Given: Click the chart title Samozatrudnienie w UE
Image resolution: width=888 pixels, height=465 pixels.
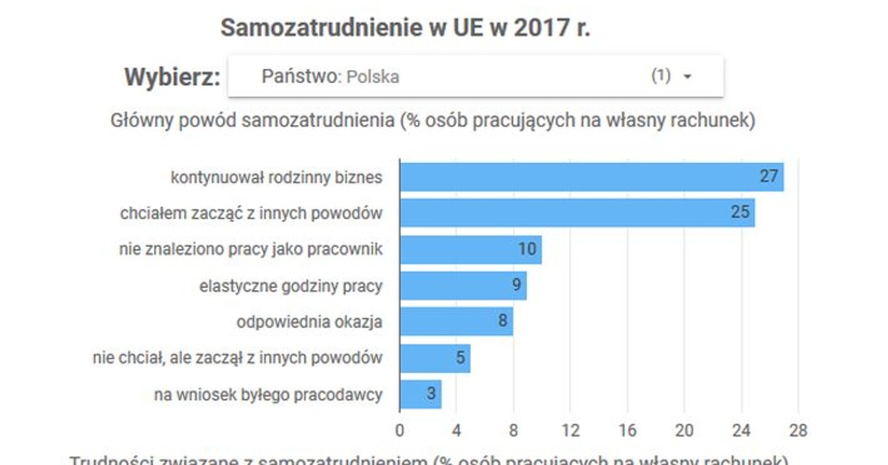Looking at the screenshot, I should tap(406, 27).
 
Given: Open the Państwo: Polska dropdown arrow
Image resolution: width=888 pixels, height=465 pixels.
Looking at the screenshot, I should tap(687, 77).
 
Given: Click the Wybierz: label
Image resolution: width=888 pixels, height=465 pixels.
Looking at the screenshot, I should tap(172, 77).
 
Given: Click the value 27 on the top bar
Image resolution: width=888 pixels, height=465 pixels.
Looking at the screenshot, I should tap(769, 177).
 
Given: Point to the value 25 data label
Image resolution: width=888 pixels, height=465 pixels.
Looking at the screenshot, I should tap(741, 213).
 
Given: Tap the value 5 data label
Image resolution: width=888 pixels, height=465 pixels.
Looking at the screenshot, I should tap(460, 358).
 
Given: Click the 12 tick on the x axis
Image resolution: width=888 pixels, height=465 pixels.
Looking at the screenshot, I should tap(570, 430).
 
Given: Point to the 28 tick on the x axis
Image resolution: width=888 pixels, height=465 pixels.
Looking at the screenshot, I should tap(798, 430).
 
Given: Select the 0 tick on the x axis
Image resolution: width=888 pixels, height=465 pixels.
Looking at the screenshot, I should tap(400, 430).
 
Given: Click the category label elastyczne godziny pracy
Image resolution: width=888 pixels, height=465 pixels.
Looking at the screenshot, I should tap(291, 286).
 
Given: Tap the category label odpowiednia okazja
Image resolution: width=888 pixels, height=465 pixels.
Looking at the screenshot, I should tap(309, 322).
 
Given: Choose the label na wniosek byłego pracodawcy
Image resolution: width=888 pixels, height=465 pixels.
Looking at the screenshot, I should tap(268, 395).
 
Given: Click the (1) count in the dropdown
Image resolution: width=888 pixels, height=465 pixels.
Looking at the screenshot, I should tap(661, 76).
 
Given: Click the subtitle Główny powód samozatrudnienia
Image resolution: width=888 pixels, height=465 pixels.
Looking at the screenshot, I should tap(433, 121).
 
